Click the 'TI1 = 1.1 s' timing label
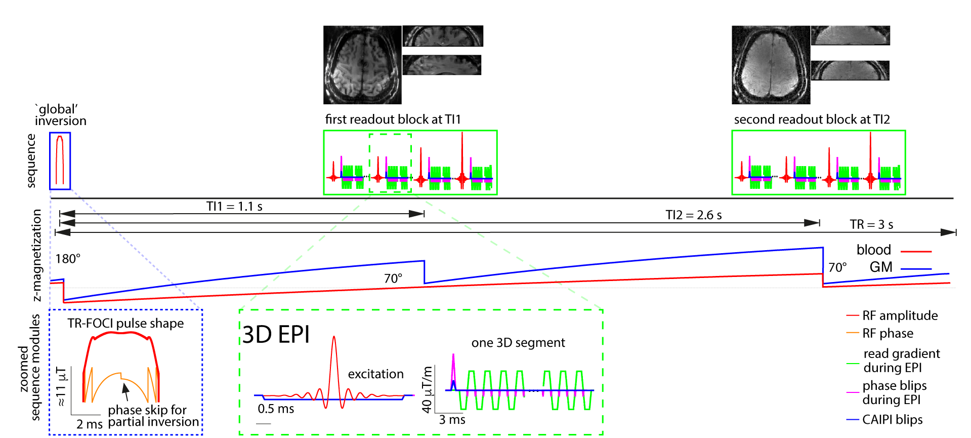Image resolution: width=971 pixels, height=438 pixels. [234, 207]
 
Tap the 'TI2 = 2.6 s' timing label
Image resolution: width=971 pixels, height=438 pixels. [693, 215]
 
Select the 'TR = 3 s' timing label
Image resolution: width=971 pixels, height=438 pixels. [871, 224]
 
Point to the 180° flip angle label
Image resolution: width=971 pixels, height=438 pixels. [68, 259]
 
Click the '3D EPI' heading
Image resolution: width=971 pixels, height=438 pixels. [276, 335]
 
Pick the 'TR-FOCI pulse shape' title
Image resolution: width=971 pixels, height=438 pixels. [125, 324]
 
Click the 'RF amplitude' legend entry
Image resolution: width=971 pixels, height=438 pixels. [900, 316]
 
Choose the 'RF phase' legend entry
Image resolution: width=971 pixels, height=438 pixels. [888, 334]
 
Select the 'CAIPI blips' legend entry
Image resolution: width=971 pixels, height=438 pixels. [892, 420]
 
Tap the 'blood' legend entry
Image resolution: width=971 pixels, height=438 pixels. [874, 250]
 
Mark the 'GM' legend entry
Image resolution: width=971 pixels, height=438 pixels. [881, 267]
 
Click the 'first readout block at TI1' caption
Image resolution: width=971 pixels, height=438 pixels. [393, 120]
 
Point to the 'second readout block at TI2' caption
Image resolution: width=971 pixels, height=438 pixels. [812, 120]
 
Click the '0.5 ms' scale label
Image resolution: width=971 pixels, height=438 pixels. [276, 409]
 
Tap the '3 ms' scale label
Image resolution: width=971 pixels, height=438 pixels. [452, 420]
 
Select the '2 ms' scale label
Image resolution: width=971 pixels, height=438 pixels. [89, 424]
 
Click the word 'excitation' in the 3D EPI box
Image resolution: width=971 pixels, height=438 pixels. [375, 374]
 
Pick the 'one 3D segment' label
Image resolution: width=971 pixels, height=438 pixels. [518, 343]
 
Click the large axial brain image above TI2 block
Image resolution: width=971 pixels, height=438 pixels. [771, 65]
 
